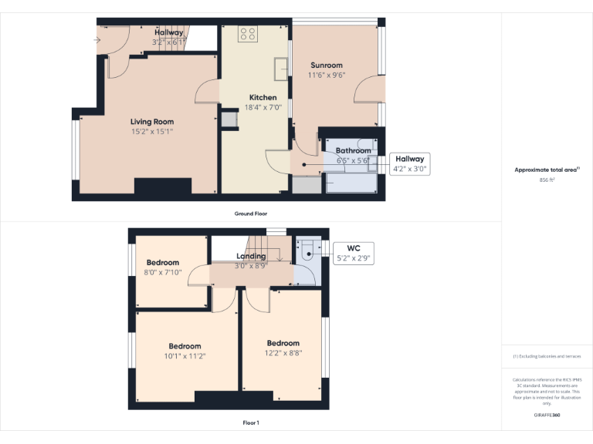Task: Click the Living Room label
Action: (151, 122)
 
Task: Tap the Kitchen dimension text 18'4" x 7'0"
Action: (263, 108)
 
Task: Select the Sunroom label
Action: (326, 66)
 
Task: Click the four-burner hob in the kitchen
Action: (248, 34)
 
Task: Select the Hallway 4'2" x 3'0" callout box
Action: (410, 163)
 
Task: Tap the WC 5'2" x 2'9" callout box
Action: (354, 254)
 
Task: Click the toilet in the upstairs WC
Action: (307, 248)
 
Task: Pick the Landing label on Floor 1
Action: (251, 256)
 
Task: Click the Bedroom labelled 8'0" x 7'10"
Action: (163, 263)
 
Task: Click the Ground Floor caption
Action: (251, 214)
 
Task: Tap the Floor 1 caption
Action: (251, 423)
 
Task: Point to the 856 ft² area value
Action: (547, 180)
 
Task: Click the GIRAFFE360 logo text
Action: (547, 415)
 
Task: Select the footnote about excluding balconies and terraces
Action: (547, 356)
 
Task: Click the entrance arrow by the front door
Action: (97, 39)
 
